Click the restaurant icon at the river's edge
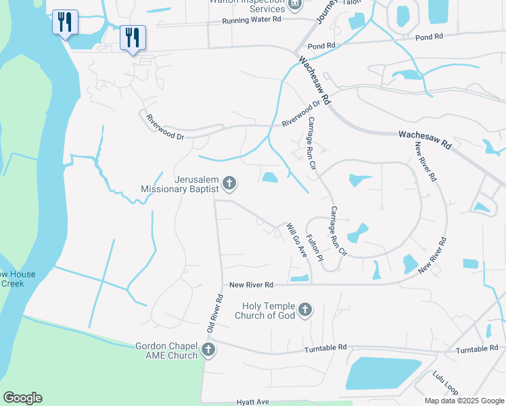[x=65, y=22]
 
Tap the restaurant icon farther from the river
[x=133, y=37]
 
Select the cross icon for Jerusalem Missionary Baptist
[x=229, y=182]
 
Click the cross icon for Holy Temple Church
[x=305, y=310]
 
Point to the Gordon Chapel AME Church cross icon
[x=208, y=350]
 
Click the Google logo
[x=22, y=398]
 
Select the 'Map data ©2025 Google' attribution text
[x=463, y=401]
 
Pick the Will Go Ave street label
[x=296, y=240]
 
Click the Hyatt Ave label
[x=253, y=401]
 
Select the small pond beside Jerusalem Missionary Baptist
[x=270, y=177]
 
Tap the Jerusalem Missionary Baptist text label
[x=179, y=185]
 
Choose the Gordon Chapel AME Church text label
[x=166, y=350]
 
